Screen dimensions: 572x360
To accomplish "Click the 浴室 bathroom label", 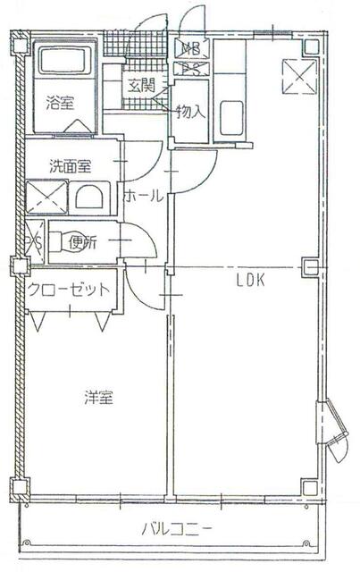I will point(61,102).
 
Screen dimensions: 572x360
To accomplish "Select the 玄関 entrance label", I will point(139,87).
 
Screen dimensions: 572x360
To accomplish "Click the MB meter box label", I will point(191,48).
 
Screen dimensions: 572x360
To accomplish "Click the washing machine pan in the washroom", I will point(46,197).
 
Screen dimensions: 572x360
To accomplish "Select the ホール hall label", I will point(143,196).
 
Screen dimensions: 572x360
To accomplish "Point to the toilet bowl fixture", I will point(62,242).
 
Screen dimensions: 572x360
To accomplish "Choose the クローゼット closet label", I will point(69,289).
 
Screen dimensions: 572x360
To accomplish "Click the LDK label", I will point(250,280).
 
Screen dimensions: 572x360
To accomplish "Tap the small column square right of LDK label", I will point(310,266).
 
